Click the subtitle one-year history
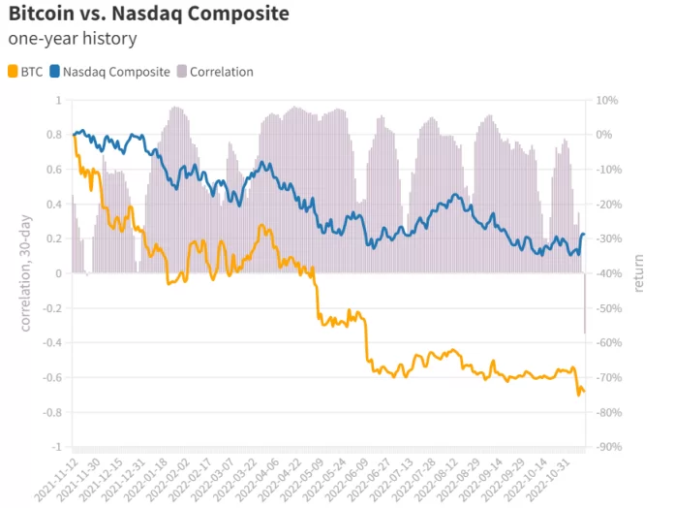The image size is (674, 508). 72,40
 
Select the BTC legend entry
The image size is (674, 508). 26,72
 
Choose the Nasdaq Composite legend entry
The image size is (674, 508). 109,72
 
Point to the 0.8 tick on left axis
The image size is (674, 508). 54,135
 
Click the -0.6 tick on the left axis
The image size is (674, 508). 50,378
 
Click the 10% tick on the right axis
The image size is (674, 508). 607,100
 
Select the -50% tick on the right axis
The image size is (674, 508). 609,308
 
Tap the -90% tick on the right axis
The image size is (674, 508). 609,448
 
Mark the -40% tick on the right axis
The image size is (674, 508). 609,273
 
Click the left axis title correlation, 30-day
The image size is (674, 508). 26,273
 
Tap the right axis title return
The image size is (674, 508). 639,273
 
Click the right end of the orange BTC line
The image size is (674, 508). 584,391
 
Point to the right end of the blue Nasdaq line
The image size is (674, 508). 584,235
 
